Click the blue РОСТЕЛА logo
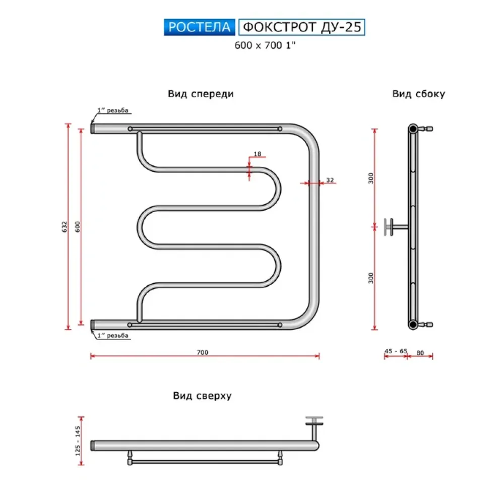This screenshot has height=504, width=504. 199,27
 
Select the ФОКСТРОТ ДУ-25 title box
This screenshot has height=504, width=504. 302,27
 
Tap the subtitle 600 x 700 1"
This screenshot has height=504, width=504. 265,45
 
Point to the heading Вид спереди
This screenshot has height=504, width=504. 201,94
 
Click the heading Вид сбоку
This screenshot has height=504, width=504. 418,94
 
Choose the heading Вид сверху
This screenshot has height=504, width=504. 202,396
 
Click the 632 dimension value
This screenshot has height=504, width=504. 65,227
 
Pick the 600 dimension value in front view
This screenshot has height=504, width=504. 78,227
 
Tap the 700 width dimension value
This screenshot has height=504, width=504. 203,352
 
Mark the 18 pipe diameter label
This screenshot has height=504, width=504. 258,154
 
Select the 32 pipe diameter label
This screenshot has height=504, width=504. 330,180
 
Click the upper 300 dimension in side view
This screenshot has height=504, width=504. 371,178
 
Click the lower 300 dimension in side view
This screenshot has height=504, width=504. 371,278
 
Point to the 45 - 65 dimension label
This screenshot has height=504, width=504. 396,351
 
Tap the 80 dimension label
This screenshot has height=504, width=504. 420,353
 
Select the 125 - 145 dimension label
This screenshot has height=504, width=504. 78,440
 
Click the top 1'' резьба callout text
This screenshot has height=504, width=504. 113,110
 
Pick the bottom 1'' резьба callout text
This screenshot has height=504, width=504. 113,336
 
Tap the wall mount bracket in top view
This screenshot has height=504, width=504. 314,428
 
